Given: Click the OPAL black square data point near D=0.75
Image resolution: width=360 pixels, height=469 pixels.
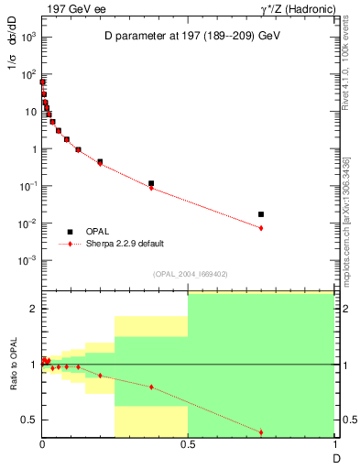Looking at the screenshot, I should pos(261,214).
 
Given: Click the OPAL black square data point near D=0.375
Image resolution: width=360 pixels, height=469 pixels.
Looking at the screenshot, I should pos(151,183).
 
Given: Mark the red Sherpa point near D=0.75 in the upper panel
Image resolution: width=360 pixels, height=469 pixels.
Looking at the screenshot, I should pos(261,228).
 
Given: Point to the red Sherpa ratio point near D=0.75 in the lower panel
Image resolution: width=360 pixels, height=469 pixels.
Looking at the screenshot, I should pos(261,431).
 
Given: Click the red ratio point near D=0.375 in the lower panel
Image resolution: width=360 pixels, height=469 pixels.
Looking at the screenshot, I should pos(151,387).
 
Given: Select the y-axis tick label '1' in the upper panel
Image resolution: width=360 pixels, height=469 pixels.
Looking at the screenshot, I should pos(34,148).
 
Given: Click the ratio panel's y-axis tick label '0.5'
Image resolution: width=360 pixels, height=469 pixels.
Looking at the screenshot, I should pos(30,420).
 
